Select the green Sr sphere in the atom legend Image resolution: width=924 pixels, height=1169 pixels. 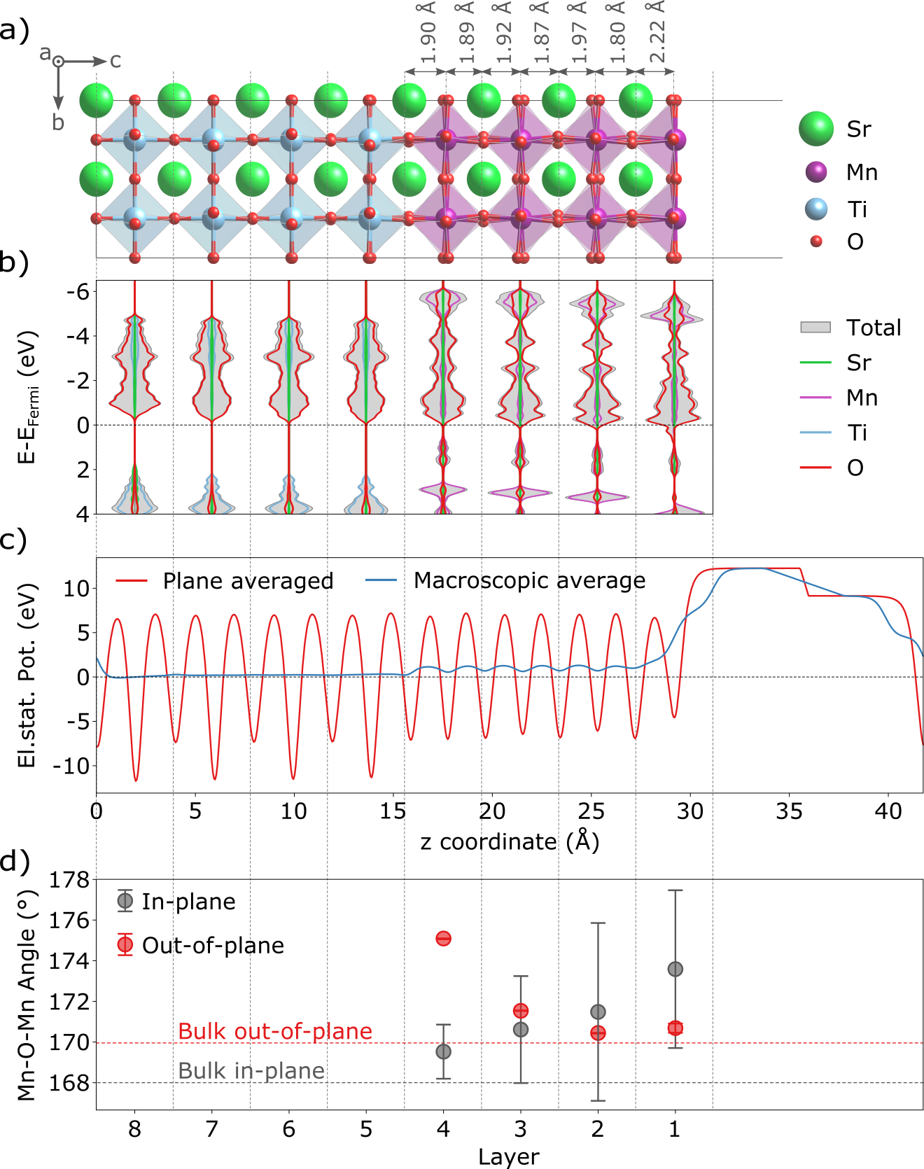tap(816, 129)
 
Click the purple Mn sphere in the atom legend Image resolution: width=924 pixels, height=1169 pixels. tap(816, 171)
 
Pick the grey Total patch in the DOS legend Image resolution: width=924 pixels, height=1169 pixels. tap(815, 328)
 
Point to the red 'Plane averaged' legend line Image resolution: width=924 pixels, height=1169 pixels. tap(132, 581)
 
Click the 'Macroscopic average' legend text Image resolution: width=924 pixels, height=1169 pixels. tap(529, 580)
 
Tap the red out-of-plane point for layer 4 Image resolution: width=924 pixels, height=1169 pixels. tap(443, 939)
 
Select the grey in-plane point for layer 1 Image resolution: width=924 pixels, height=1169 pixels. tap(675, 969)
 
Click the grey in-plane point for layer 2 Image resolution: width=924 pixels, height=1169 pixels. tap(598, 1011)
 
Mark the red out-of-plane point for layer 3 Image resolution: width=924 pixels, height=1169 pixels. tap(520, 1011)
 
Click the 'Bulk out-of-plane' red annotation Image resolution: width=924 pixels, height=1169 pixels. tap(275, 1031)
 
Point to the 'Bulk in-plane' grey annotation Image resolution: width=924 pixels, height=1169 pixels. tap(251, 1071)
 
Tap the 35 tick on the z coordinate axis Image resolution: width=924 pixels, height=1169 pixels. tap(789, 811)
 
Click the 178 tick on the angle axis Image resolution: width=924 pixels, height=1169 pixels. tap(70, 880)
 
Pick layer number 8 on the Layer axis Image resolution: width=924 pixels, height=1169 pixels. tap(134, 1129)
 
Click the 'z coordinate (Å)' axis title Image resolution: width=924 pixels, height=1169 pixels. tap(510, 841)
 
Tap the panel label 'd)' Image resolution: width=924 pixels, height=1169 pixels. tap(14, 862)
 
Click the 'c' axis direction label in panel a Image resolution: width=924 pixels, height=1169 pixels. tap(115, 62)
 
